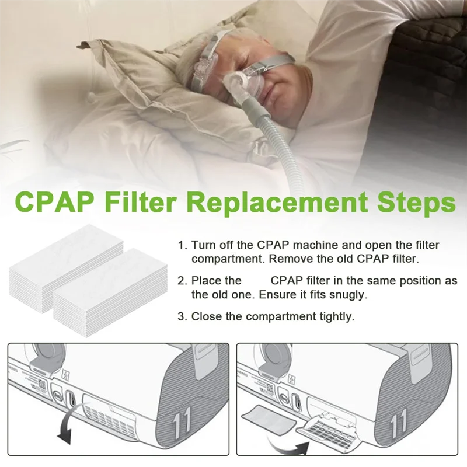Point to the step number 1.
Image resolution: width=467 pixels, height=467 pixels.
[x=182, y=246]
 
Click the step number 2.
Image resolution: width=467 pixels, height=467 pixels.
[x=182, y=281]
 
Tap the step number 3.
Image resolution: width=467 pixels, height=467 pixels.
[x=182, y=317]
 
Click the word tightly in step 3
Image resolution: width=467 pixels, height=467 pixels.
[x=333, y=317]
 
